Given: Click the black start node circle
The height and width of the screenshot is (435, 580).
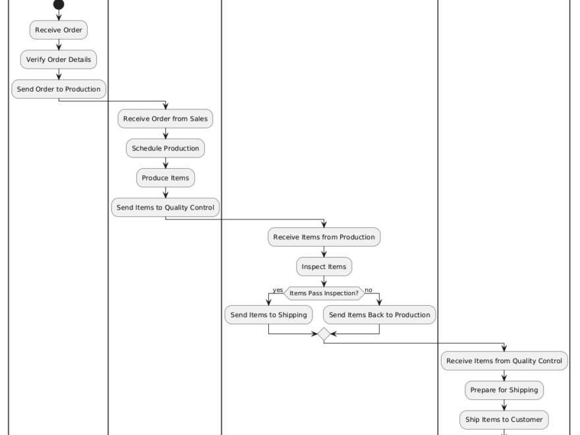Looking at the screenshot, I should point(59,5).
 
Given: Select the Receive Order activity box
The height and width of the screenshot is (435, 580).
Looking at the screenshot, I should point(59,30).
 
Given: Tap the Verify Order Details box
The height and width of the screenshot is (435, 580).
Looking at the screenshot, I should point(59,60).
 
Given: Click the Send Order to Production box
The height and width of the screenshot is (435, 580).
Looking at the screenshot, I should point(59,89).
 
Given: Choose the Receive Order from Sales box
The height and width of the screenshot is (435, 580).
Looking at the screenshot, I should point(165,119).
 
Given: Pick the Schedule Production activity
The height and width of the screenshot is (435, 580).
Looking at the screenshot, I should point(165,148).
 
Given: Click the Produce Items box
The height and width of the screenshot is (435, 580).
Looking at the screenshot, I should point(165,178).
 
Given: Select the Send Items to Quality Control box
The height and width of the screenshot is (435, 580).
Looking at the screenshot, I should point(165,207).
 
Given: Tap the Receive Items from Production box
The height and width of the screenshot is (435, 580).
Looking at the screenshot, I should point(324,237).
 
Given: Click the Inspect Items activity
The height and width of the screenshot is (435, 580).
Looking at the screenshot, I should point(324,267).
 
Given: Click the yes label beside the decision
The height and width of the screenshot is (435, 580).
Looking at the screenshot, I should point(277,290).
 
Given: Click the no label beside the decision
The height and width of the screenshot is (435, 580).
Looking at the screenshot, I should point(368,290).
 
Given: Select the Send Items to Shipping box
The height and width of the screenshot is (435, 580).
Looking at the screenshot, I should point(269,315).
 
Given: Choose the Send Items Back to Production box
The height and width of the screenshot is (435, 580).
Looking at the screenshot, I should point(380,315).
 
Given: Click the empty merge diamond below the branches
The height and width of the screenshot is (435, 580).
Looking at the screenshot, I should point(324,334).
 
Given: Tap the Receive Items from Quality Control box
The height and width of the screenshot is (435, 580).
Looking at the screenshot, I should point(504,361).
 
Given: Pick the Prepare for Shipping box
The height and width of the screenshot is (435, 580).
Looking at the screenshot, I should point(504,390).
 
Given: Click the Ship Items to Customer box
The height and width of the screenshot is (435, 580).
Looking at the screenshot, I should point(504,419).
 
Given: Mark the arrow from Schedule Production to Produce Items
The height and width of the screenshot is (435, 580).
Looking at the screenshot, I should point(165,163).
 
